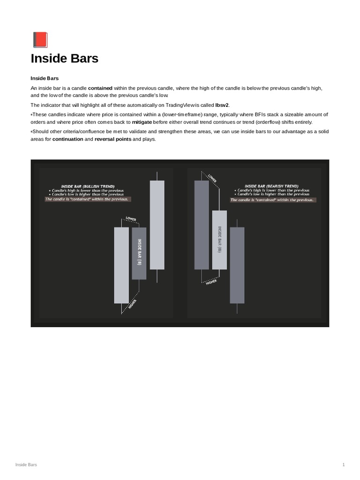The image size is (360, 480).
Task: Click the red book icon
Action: pyautogui.click(x=40, y=40)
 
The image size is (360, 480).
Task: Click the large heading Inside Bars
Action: pyautogui.click(x=64, y=59)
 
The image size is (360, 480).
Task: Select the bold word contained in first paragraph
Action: pyautogui.click(x=100, y=88)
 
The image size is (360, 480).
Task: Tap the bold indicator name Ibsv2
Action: pyautogui.click(x=222, y=105)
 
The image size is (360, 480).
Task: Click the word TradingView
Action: pyautogui.click(x=174, y=105)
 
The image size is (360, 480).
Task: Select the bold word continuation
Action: pyautogui.click(x=67, y=139)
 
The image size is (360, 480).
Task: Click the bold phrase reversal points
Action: pyautogui.click(x=113, y=139)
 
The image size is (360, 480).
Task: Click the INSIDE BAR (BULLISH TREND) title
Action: pyautogui.click(x=88, y=186)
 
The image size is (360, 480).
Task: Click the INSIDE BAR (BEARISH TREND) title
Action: pyautogui.click(x=271, y=186)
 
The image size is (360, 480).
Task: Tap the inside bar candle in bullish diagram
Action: pyautogui.click(x=139, y=253)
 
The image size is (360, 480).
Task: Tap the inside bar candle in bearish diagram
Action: pyautogui.click(x=219, y=240)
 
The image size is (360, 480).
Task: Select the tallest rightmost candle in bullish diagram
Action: pyautogui.click(x=157, y=225)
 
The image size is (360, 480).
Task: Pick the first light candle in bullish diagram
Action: pyautogui.click(x=121, y=265)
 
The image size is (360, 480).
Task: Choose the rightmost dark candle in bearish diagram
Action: pyautogui.click(x=237, y=265)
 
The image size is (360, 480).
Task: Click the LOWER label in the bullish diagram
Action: pyautogui.click(x=131, y=219)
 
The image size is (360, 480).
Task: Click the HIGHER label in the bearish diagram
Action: pyautogui.click(x=211, y=282)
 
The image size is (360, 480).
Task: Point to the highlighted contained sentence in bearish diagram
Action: pyautogui.click(x=273, y=200)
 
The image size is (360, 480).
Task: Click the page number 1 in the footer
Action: pyautogui.click(x=344, y=465)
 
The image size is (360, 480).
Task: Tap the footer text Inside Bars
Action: pyautogui.click(x=26, y=465)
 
